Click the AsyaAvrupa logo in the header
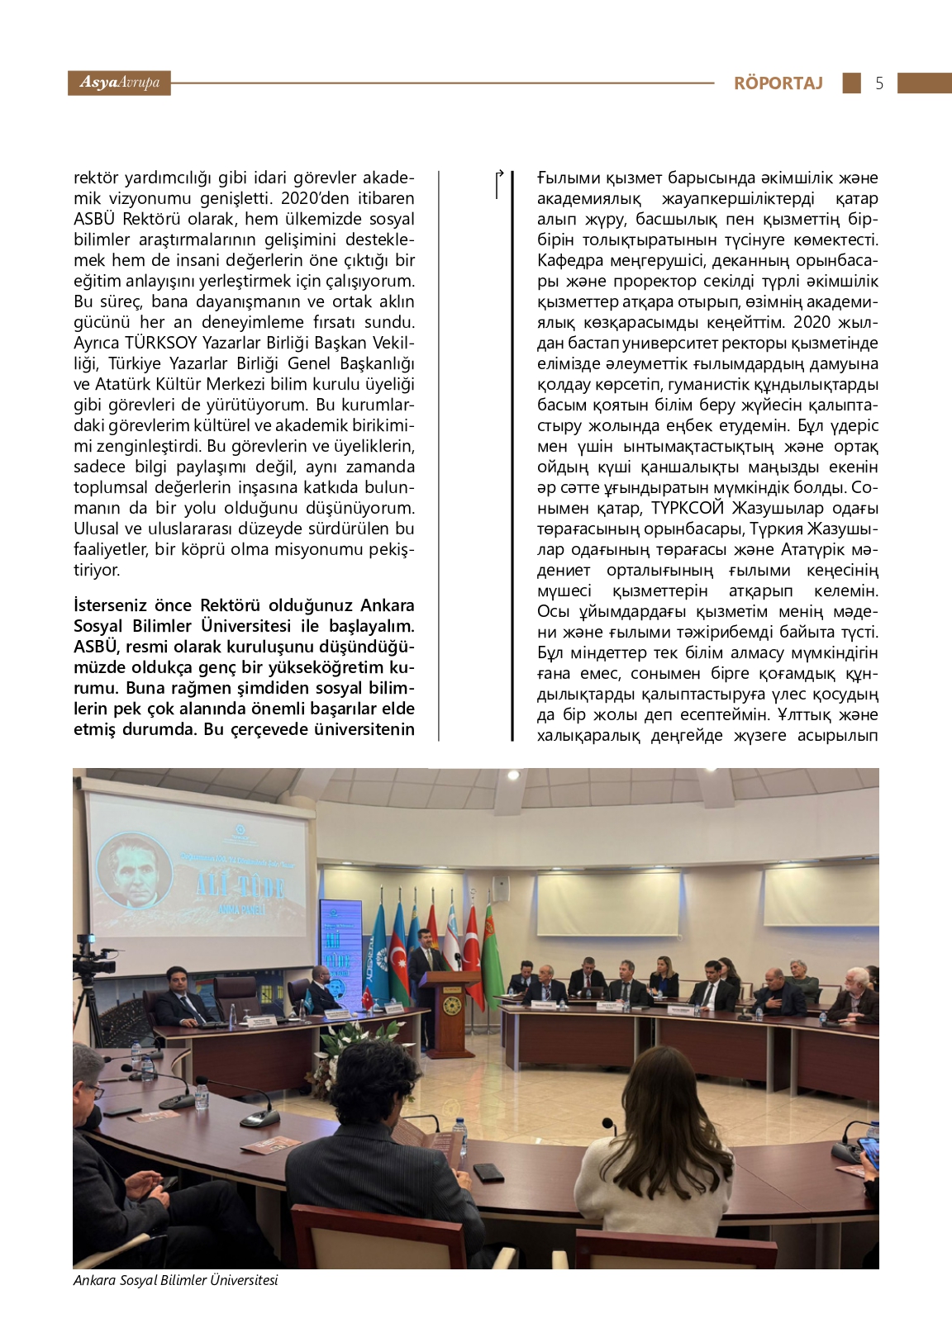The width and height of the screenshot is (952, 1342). (x=119, y=83)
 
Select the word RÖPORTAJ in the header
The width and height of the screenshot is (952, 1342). (x=778, y=83)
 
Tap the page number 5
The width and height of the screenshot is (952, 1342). (x=879, y=83)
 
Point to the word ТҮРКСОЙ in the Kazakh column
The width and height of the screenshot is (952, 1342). (x=688, y=509)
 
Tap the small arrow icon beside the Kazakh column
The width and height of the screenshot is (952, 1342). (x=498, y=183)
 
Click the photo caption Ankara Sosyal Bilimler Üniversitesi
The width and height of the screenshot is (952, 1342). (x=175, y=1280)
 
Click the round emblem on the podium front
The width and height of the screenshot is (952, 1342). (x=451, y=1004)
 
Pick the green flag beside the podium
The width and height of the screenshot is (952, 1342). (x=493, y=950)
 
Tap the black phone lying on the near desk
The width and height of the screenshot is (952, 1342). (x=488, y=1171)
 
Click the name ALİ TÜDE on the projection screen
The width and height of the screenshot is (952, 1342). (x=240, y=887)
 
